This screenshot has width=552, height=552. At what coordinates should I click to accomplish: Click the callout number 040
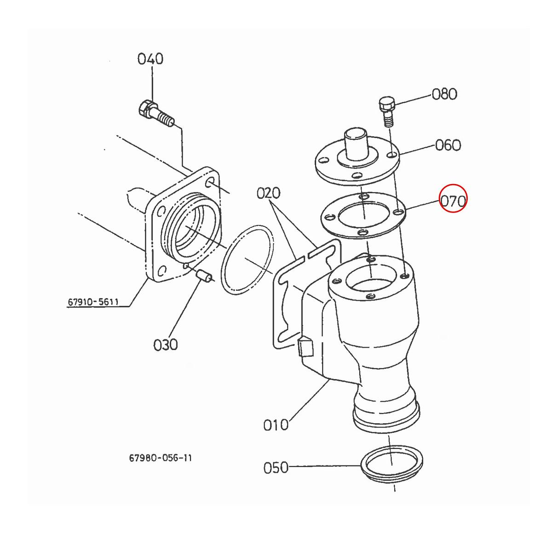click(150, 59)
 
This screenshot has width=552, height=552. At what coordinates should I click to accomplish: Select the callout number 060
click(448, 145)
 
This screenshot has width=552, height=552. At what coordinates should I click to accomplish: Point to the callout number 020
click(270, 193)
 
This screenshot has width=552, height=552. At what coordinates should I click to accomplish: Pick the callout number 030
click(165, 344)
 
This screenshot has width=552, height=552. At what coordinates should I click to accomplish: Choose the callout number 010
click(276, 424)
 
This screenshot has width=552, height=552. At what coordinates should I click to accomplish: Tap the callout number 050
click(276, 468)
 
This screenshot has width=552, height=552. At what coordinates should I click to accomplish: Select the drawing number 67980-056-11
click(161, 458)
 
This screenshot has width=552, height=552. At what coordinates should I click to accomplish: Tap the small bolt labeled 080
click(386, 111)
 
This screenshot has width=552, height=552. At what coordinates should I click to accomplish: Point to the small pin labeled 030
click(202, 276)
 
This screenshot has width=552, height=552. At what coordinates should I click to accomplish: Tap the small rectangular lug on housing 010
click(305, 347)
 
